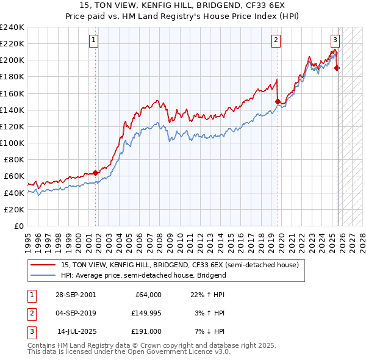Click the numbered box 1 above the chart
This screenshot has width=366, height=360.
click(x=94, y=40)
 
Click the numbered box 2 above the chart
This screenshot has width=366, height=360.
click(x=276, y=40)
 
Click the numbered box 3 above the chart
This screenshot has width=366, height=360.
click(x=335, y=40)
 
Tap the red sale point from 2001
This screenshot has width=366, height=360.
click(x=96, y=173)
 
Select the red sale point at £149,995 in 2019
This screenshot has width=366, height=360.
click(x=278, y=102)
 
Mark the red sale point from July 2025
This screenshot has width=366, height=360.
click(x=337, y=68)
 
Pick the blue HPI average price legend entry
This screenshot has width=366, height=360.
click(x=143, y=275)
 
